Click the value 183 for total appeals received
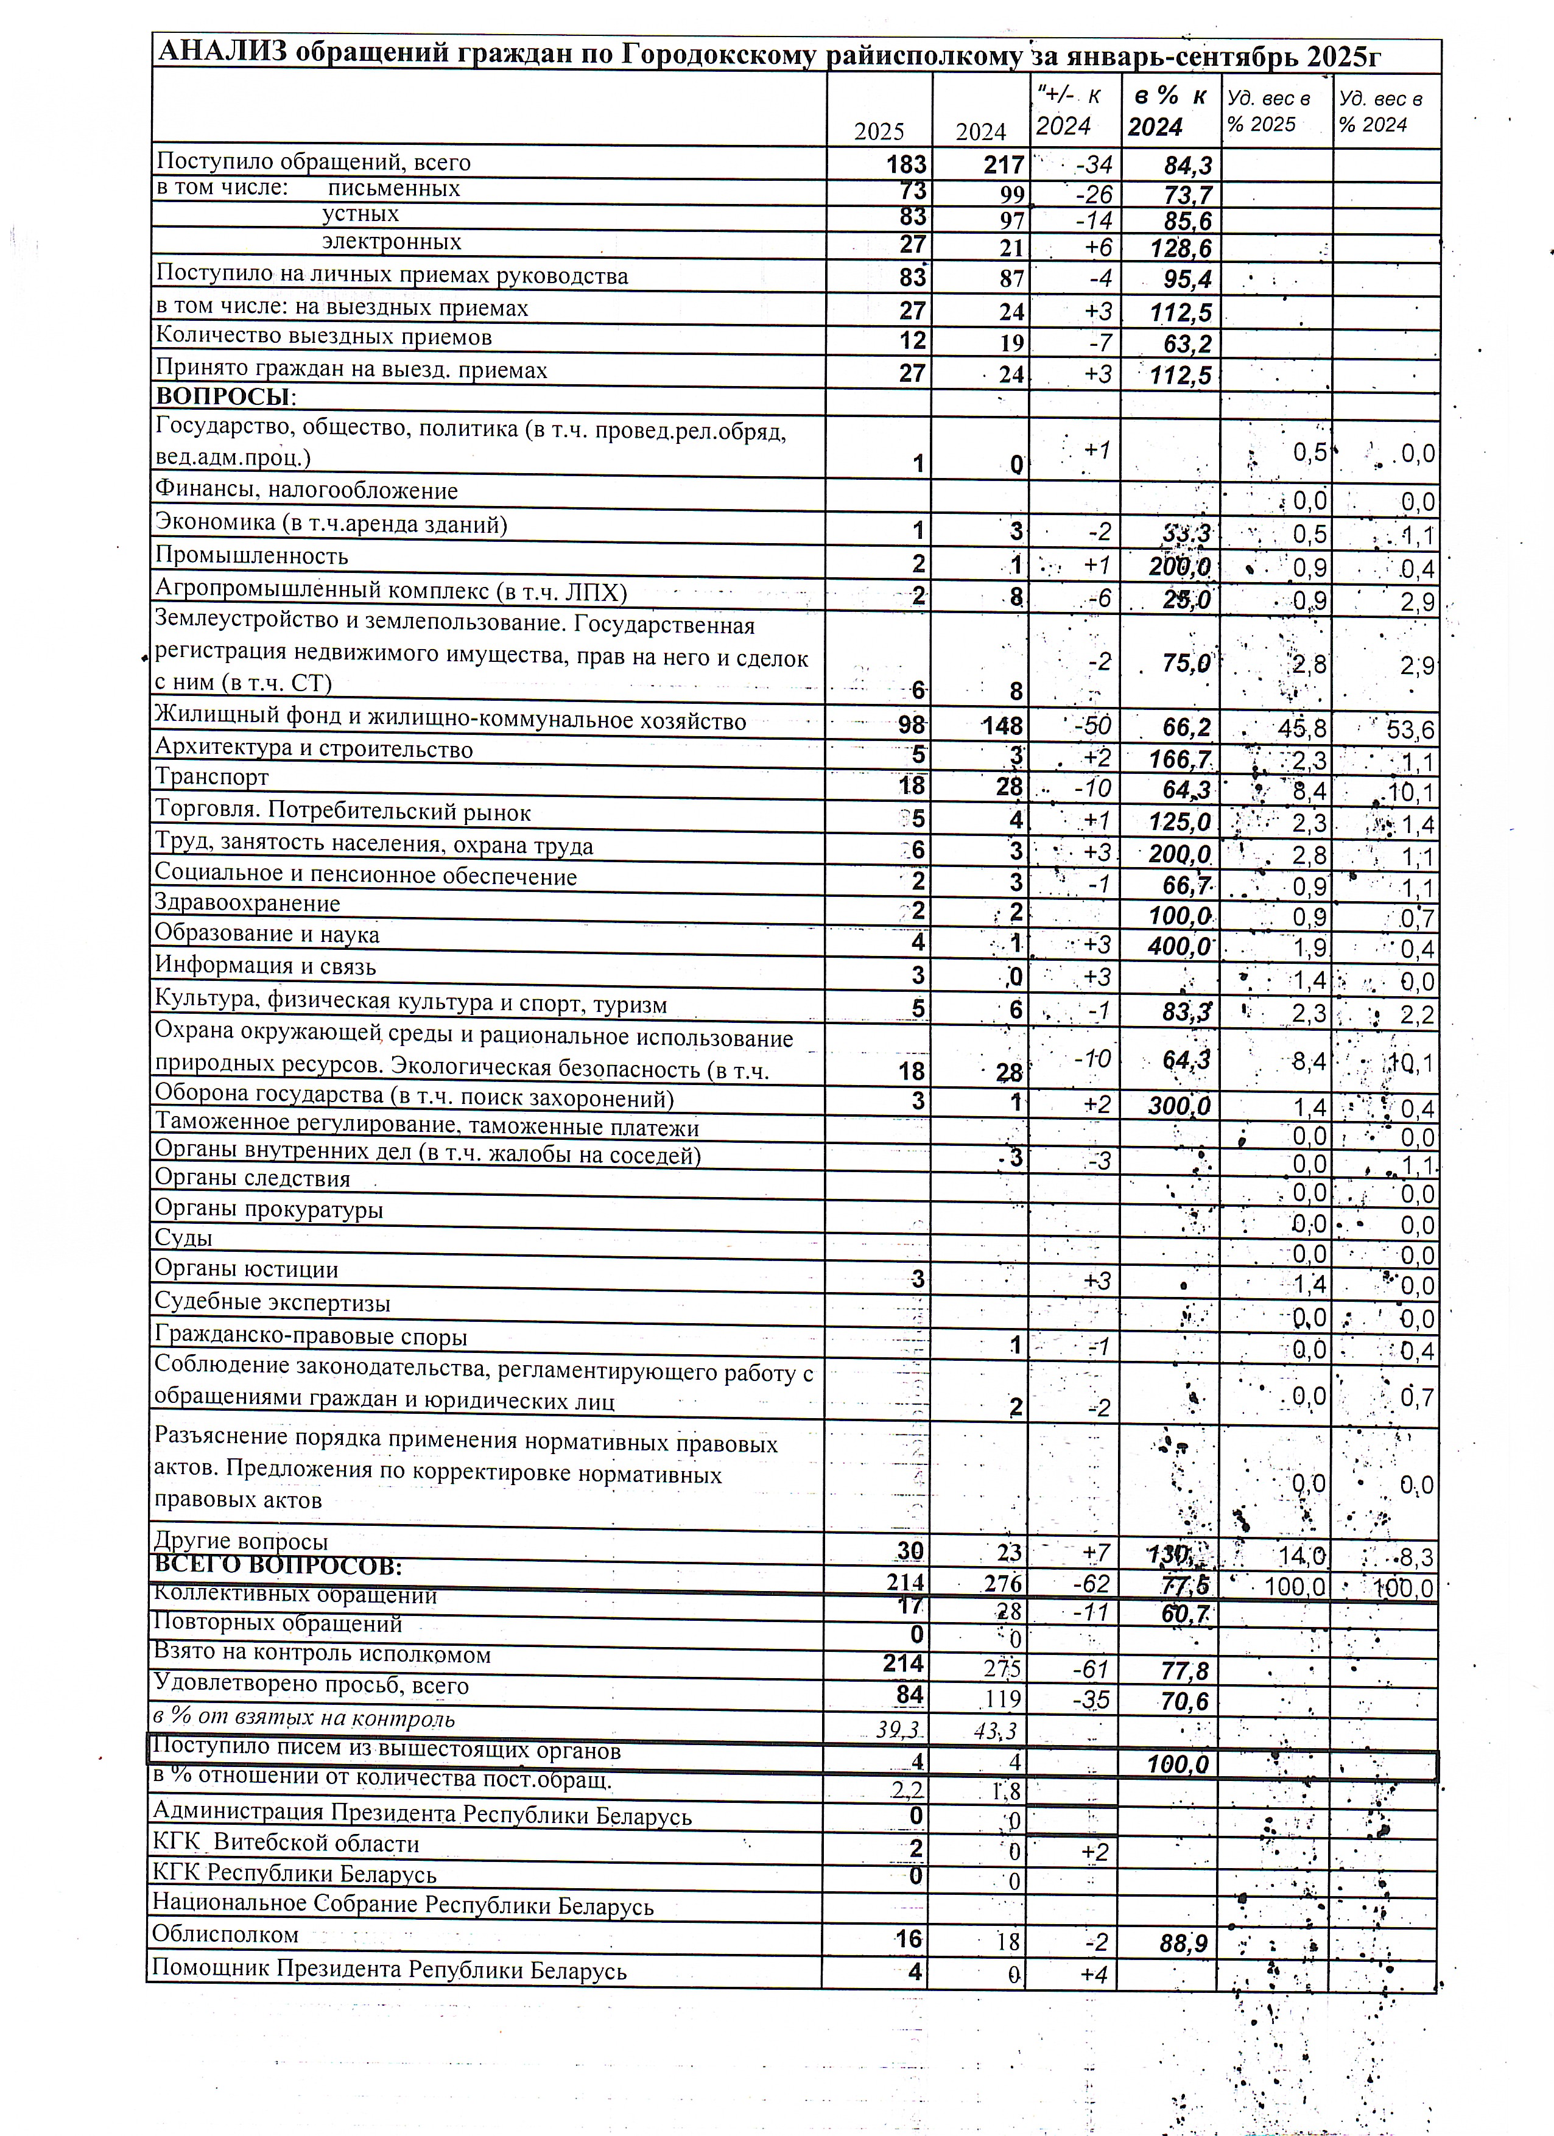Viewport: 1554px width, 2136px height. [906, 165]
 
